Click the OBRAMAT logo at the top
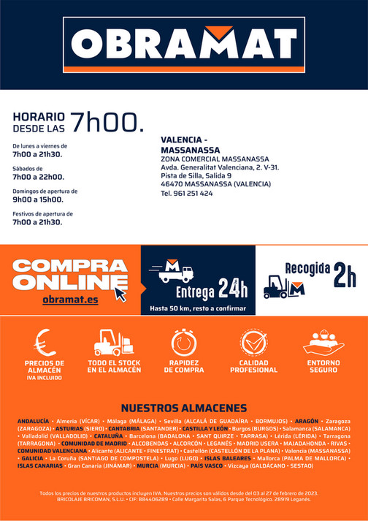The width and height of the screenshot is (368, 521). [x=183, y=43]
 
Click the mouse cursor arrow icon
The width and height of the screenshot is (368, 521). [x=120, y=294]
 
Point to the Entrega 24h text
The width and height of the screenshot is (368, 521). [x=212, y=289]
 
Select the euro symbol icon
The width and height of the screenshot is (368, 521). [x=45, y=342]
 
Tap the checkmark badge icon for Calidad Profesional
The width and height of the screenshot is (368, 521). [x=253, y=342]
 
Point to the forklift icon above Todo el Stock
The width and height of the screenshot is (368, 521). [x=113, y=342]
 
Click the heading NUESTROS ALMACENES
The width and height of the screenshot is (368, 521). [x=183, y=408]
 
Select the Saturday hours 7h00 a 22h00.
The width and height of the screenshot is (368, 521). [x=38, y=177]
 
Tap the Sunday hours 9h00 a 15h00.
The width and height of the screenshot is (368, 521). [x=38, y=199]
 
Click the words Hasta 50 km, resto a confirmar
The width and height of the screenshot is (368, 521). [x=197, y=308]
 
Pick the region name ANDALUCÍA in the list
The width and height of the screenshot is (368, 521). [x=33, y=422]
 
